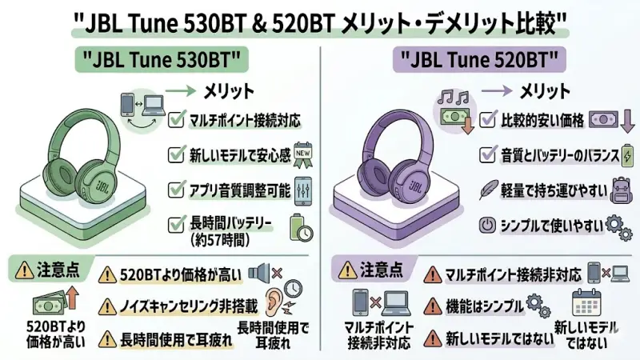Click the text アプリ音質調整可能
239,190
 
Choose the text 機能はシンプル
482,307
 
